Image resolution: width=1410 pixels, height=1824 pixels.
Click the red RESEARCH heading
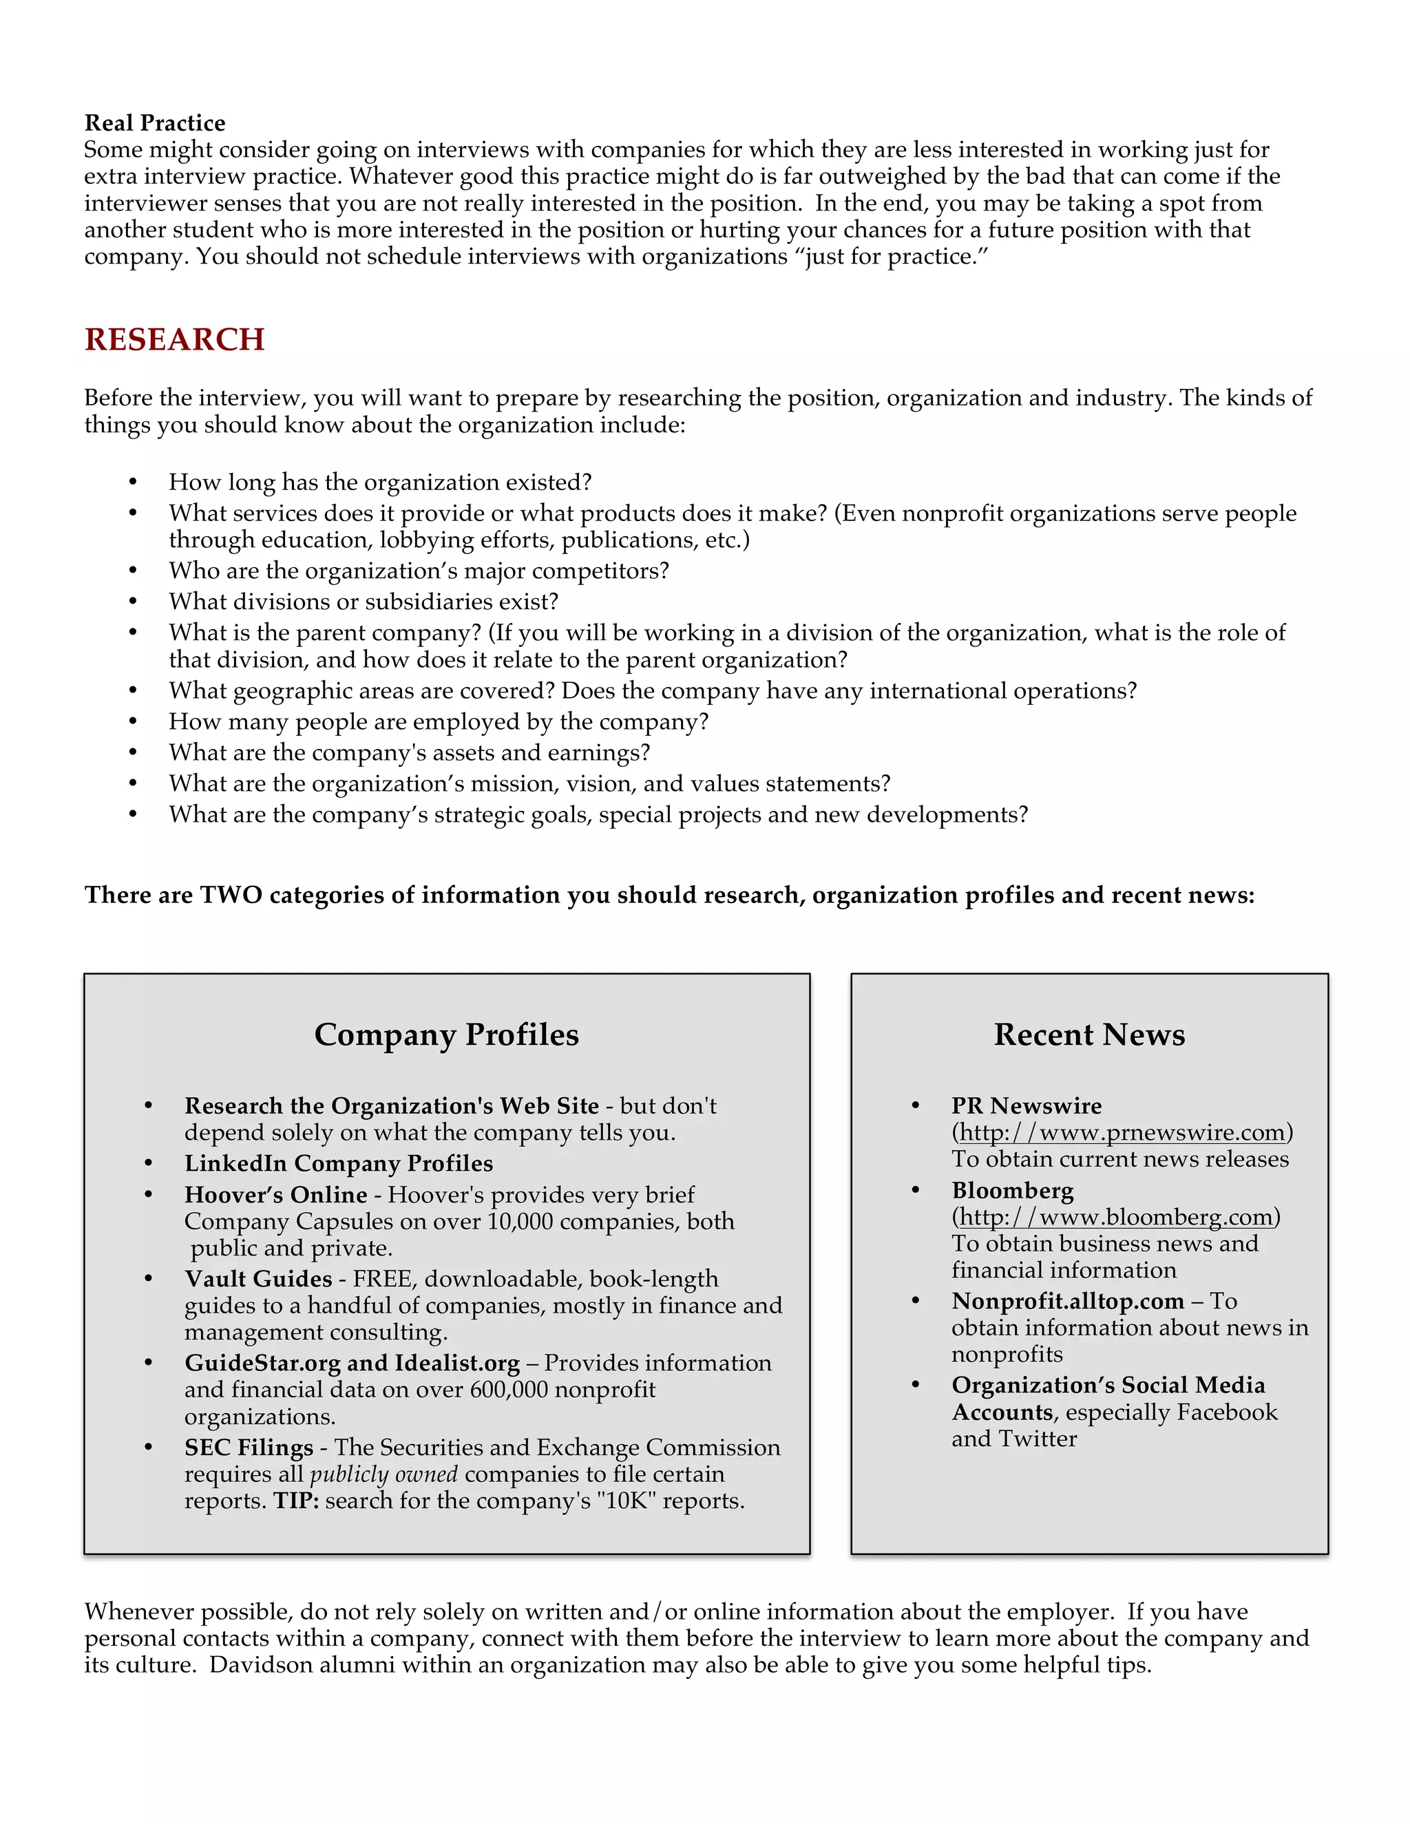(x=175, y=339)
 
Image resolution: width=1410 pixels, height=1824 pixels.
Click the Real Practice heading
(x=154, y=123)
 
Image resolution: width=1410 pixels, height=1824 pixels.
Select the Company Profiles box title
(x=446, y=1034)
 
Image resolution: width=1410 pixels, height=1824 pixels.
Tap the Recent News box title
(x=1088, y=1034)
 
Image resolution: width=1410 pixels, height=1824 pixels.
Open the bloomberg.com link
(x=1116, y=1217)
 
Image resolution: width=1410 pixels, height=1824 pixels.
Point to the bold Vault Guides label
(x=258, y=1279)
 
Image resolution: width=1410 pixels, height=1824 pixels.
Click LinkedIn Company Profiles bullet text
(x=338, y=1163)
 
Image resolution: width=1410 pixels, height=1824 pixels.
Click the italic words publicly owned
(x=383, y=1474)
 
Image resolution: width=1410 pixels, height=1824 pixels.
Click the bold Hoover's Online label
(x=275, y=1194)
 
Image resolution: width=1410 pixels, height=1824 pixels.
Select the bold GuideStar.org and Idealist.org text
(x=352, y=1362)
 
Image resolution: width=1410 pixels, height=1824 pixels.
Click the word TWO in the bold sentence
(x=231, y=895)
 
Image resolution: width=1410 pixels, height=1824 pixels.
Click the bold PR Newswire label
(x=1026, y=1106)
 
